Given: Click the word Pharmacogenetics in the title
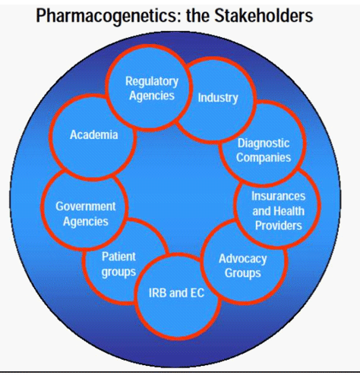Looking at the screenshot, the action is (109, 16).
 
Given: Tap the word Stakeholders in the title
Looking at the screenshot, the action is (264, 16).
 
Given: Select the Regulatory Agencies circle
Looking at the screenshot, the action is (148, 88).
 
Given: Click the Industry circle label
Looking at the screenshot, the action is (218, 98).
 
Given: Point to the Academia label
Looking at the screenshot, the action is (94, 134).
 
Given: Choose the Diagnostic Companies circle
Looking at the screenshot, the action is (264, 143).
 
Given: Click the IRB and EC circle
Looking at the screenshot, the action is (177, 295).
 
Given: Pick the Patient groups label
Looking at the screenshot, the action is (118, 264).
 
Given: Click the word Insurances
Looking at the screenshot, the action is (279, 196).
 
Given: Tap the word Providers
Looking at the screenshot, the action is (279, 225).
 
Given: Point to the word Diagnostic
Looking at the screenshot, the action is (264, 143).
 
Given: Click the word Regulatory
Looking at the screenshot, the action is (152, 82).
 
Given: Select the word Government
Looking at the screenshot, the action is (86, 206).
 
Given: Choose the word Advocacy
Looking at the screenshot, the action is (243, 259).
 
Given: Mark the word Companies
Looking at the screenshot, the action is (264, 158).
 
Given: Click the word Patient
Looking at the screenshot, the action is (118, 257).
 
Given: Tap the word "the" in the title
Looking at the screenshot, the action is (198, 16).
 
